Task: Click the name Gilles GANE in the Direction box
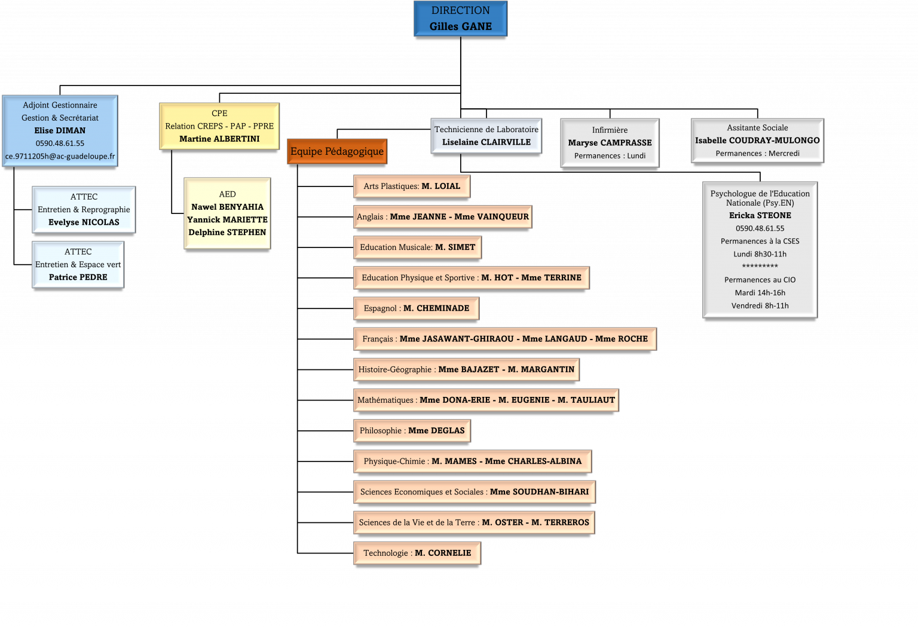[x=460, y=26]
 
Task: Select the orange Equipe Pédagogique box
[x=337, y=151]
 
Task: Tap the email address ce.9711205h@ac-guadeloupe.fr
[x=60, y=156]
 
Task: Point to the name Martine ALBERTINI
[x=219, y=139]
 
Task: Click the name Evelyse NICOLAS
[x=84, y=222]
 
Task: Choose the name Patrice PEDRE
[x=78, y=277]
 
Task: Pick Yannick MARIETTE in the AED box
[x=227, y=219]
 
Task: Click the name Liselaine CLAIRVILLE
[x=486, y=142]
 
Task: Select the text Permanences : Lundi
[x=610, y=156]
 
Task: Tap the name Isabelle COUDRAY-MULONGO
[x=757, y=140]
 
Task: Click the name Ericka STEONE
[x=760, y=216]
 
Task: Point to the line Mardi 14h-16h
[x=760, y=293]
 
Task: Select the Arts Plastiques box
[x=412, y=186]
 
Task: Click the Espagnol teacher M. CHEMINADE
[x=436, y=308]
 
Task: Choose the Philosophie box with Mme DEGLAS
[x=412, y=431]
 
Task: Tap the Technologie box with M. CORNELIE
[x=417, y=553]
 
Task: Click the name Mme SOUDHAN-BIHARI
[x=539, y=492]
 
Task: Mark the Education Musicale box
[x=417, y=247]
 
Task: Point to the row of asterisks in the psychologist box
[x=760, y=267]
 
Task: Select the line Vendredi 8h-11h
[x=760, y=305]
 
